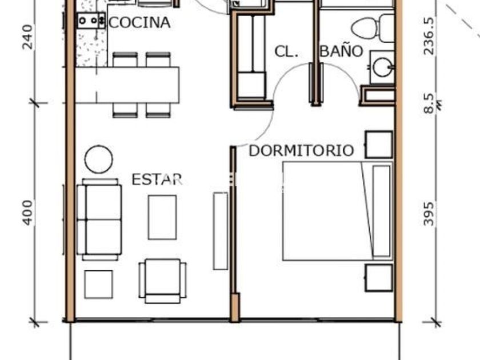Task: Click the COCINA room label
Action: pos(139,23)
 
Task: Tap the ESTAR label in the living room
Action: pos(157,179)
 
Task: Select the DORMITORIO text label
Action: pos(301,151)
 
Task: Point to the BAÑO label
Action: pos(342,51)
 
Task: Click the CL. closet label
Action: pos(286,52)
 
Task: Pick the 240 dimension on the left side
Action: pos(27,37)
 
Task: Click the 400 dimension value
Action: pos(27,213)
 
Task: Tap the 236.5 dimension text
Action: pos(429,36)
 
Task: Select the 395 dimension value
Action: pos(429,214)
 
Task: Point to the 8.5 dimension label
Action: pos(429,103)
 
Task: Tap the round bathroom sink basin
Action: pos(382,67)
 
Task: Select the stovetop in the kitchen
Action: pos(91,21)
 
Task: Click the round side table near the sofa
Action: pos(98,159)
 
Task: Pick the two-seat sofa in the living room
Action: pos(99,219)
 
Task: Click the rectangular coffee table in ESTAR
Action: pos(162,217)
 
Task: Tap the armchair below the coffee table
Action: pos(162,281)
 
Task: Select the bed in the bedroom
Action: pos(337,211)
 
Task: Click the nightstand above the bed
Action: pos(379,145)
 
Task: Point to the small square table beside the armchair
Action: pos(98,284)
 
